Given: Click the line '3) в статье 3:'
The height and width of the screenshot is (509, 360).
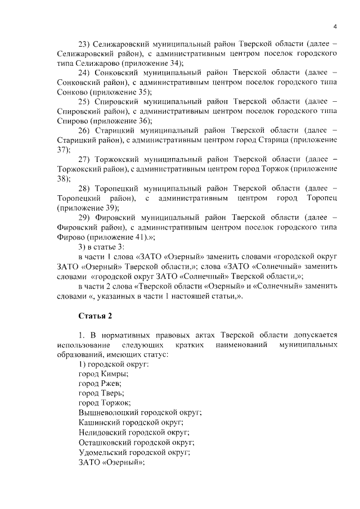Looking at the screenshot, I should (104, 246).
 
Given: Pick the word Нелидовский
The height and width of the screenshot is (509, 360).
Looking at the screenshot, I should (102, 432).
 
